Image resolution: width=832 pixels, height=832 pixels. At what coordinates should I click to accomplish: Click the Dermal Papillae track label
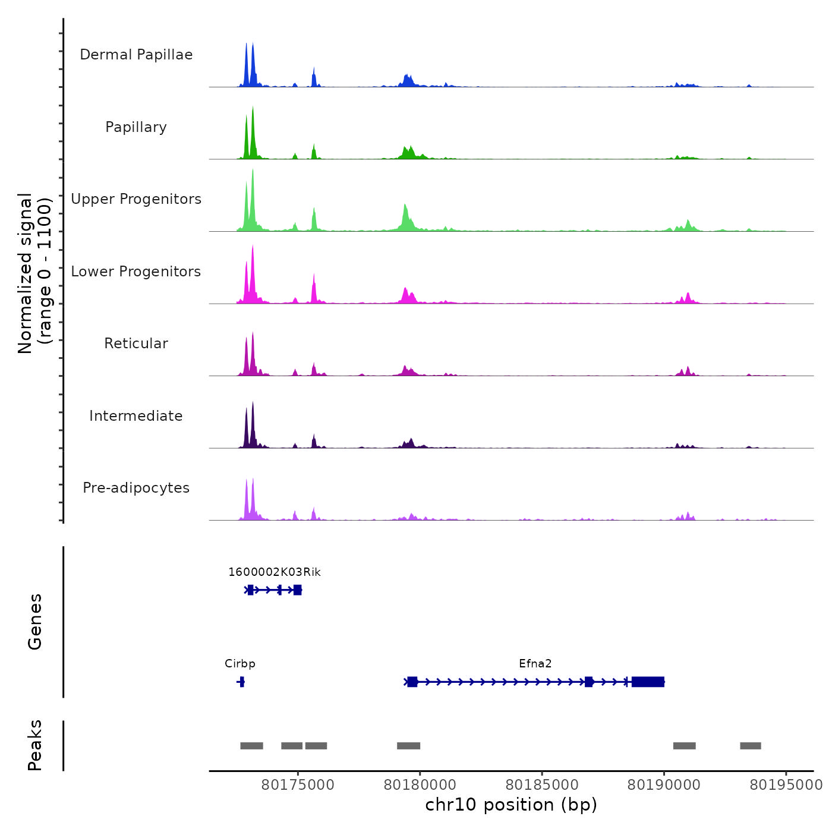coord(136,55)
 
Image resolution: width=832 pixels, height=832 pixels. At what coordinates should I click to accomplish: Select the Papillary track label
coord(136,127)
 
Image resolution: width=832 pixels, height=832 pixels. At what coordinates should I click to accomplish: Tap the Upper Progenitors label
coord(136,199)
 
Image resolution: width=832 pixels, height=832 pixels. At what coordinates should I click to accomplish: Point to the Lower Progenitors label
coord(136,272)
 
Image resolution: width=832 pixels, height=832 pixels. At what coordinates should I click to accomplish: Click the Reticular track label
coord(136,343)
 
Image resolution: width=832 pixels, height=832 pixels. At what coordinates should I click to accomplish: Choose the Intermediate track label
coord(136,416)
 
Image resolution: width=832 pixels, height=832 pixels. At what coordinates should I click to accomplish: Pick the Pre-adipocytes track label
coord(136,488)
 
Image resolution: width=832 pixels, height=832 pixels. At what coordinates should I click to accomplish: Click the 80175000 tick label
coord(298,785)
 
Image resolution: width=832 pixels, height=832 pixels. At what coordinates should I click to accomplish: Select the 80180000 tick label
coord(420,785)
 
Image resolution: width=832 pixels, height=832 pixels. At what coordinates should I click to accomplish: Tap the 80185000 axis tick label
coord(542,785)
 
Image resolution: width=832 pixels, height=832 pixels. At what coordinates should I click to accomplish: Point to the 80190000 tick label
coord(664,785)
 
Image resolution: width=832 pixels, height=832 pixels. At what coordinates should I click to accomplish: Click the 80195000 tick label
coord(786,785)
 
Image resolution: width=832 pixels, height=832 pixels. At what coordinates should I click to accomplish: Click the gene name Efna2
coord(535,664)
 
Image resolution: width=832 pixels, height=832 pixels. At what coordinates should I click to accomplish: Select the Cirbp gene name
coord(240,664)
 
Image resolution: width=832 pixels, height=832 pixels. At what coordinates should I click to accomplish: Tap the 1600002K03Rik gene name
coord(275,572)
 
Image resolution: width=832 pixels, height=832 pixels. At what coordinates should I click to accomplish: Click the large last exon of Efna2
coord(648,682)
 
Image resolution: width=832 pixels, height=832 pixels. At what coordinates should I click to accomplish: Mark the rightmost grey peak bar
coord(750,746)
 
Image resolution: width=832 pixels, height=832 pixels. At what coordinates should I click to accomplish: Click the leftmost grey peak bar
coord(251,746)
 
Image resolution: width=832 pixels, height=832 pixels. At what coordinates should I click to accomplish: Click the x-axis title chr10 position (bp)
coord(511,805)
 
